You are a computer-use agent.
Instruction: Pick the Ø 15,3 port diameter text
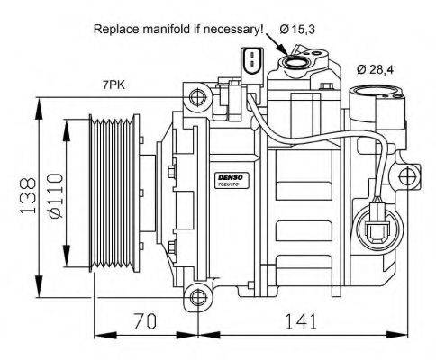pyautogui.click(x=297, y=30)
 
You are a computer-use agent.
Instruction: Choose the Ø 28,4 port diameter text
pyautogui.click(x=376, y=68)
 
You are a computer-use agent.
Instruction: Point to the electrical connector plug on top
pyautogui.click(x=249, y=60)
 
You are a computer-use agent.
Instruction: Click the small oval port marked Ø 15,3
pyautogui.click(x=295, y=62)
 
